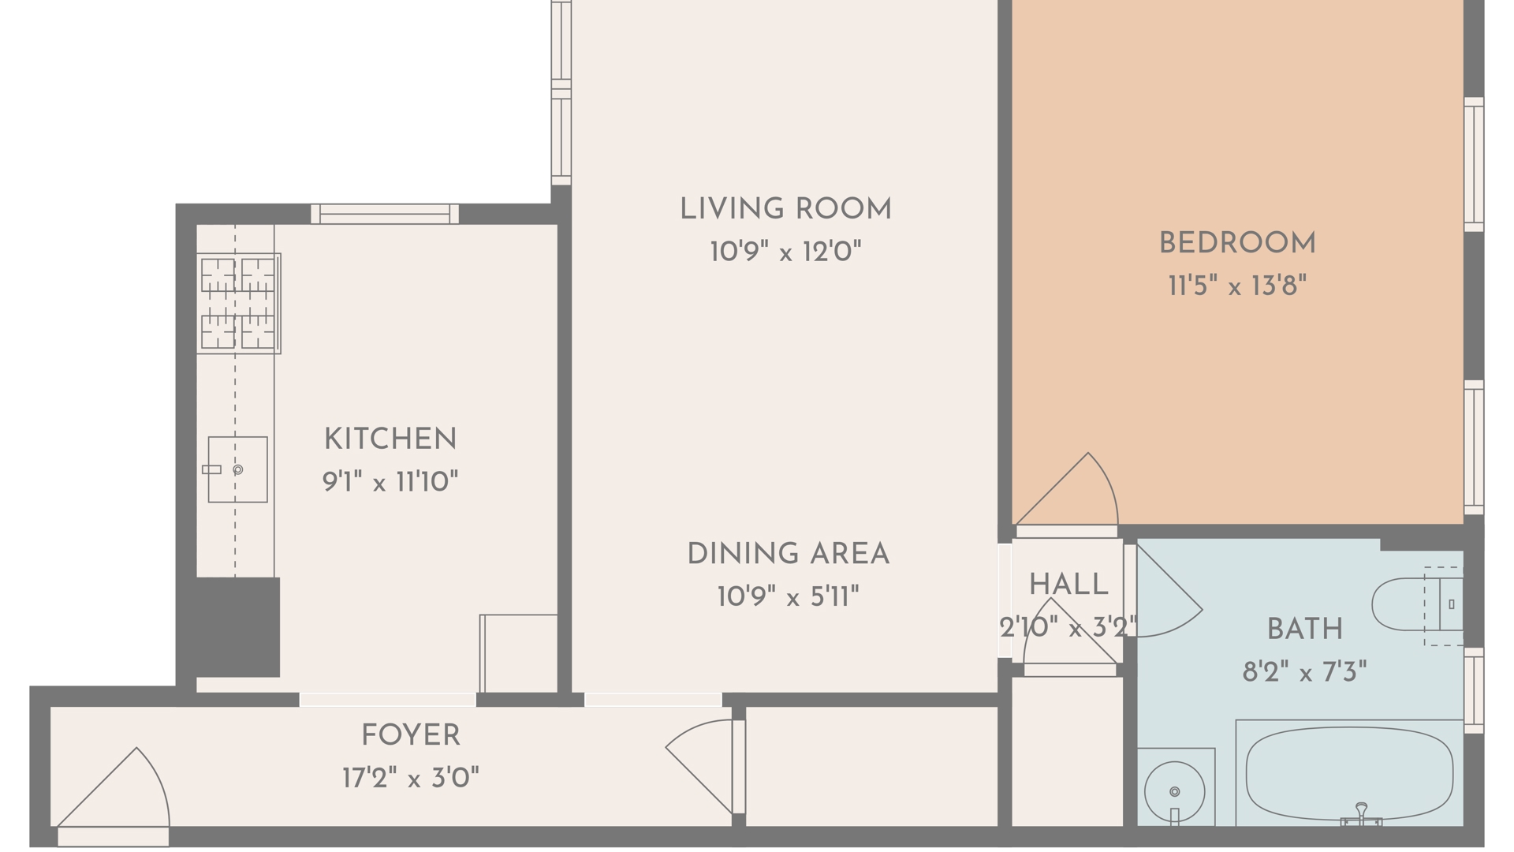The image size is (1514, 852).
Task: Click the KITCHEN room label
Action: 390,439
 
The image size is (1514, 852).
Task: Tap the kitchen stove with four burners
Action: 238,303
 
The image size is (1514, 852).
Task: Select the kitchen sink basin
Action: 237,469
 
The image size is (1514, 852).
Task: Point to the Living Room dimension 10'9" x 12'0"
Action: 785,252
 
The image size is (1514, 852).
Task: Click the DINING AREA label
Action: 789,554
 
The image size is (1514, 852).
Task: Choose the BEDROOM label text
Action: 1237,243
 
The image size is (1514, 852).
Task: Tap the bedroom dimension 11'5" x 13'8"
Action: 1237,286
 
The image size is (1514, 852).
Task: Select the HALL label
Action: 1068,585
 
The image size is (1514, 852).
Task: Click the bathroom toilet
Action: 1418,605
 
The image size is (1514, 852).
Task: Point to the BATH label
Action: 1305,630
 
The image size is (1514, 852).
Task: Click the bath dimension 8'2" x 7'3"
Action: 1304,672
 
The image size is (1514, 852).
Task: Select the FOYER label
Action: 411,735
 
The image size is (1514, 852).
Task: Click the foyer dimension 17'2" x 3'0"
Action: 411,779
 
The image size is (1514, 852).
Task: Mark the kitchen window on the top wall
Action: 385,214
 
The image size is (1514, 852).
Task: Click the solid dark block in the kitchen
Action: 237,627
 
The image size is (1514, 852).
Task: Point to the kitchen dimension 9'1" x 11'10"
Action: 390,481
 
